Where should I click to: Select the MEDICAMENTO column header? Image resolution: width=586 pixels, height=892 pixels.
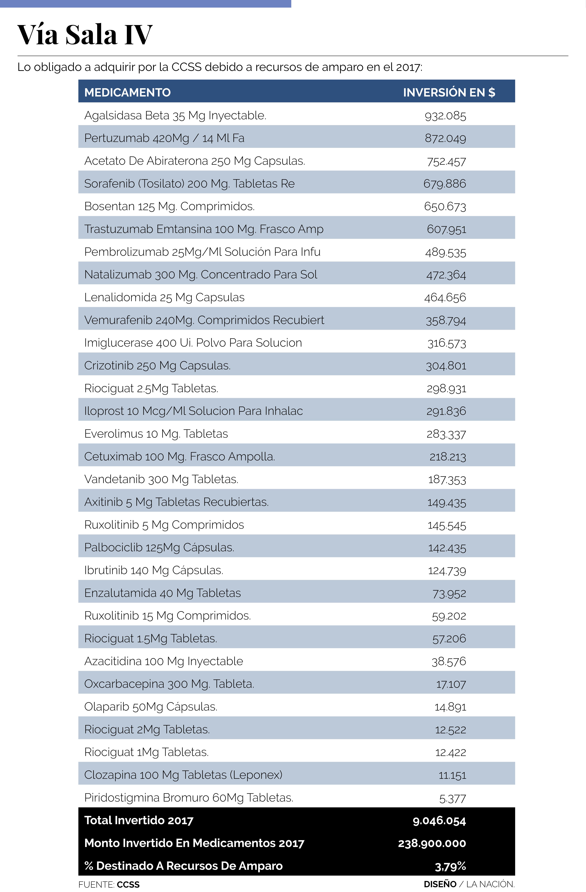pyautogui.click(x=127, y=92)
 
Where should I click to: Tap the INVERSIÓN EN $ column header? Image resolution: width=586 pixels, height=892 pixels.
pyautogui.click(x=449, y=92)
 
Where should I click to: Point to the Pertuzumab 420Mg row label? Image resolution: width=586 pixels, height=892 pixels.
pyautogui.click(x=164, y=138)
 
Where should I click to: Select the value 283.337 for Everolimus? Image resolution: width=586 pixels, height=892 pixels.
pyautogui.click(x=446, y=434)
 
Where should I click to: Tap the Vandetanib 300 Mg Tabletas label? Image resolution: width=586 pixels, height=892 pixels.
pyautogui.click(x=161, y=479)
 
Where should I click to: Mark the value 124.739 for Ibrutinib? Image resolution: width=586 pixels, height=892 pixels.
pyautogui.click(x=447, y=570)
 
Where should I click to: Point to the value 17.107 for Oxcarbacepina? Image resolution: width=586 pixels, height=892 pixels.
pyautogui.click(x=451, y=684)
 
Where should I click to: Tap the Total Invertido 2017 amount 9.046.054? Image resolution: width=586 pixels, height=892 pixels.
pyautogui.click(x=439, y=821)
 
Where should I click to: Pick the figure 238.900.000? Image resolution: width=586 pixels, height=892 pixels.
pyautogui.click(x=432, y=843)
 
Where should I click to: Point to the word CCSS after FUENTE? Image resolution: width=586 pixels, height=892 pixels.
pyautogui.click(x=128, y=885)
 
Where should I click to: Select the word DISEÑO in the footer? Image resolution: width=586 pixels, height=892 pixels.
pyautogui.click(x=440, y=884)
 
